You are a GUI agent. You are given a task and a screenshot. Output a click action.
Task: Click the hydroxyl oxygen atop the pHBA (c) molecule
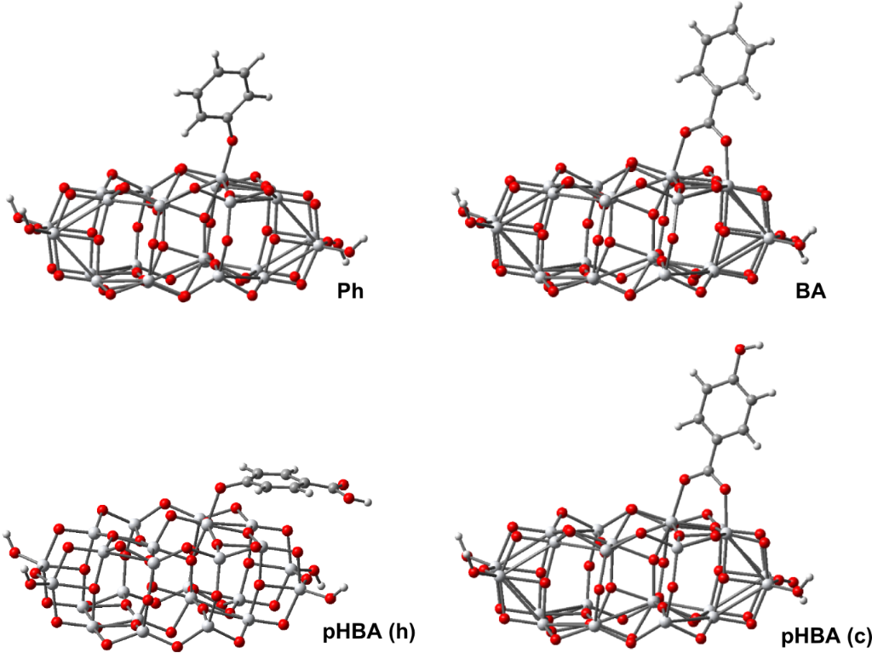(741, 348)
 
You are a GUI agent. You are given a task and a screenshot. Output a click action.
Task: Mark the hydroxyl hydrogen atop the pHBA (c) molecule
(756, 344)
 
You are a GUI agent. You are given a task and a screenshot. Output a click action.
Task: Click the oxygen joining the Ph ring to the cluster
(232, 139)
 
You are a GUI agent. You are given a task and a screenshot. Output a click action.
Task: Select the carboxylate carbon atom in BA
(705, 124)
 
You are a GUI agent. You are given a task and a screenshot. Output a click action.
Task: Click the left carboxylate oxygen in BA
(684, 132)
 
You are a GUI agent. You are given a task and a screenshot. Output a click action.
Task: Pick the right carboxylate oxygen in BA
(725, 139)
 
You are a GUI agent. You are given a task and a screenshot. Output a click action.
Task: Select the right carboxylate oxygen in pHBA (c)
(725, 489)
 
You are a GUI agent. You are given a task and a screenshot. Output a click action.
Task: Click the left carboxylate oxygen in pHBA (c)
(686, 478)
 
